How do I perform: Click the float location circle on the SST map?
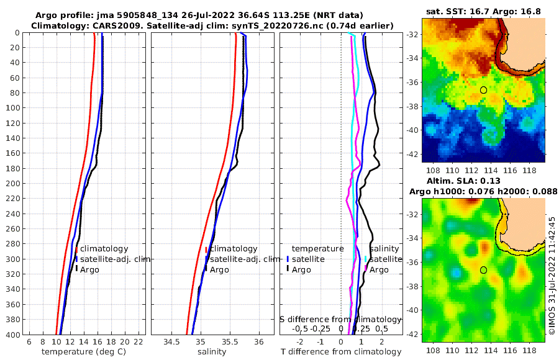(x=483, y=90)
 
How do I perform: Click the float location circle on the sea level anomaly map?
(x=483, y=270)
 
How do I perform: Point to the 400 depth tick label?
(x=13, y=335)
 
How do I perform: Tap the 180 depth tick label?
(x=13, y=168)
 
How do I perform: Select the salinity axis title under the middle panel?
(x=211, y=352)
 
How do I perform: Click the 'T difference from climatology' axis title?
(x=340, y=352)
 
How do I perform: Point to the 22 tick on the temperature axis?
(x=139, y=342)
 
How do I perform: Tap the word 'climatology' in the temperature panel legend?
(x=104, y=249)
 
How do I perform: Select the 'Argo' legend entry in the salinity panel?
(x=219, y=270)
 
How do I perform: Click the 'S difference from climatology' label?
(x=340, y=319)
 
